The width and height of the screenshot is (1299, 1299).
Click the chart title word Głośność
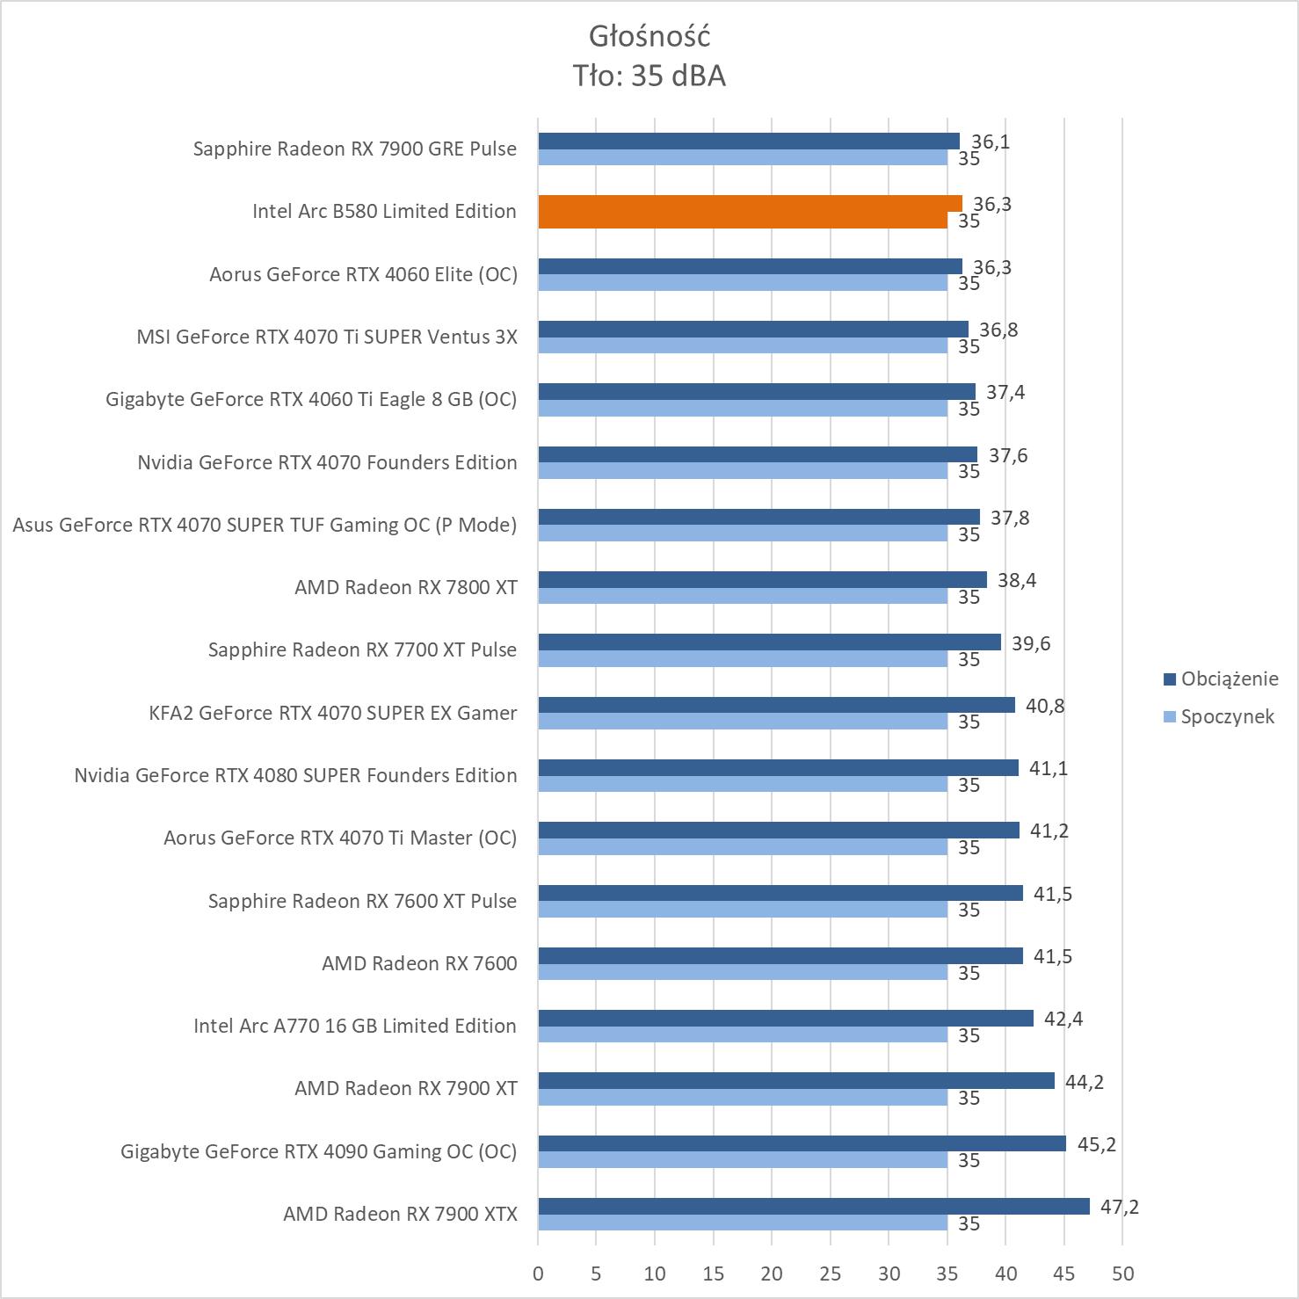[x=649, y=36]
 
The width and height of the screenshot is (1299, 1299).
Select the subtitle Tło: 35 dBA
[x=649, y=76]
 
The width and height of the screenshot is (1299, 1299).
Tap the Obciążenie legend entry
[x=1229, y=679]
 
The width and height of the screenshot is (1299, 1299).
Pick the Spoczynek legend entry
[x=1227, y=716]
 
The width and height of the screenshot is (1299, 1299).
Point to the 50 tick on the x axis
[x=1122, y=1274]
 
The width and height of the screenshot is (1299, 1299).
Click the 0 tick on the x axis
[x=538, y=1274]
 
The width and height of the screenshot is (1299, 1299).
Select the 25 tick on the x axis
[x=830, y=1274]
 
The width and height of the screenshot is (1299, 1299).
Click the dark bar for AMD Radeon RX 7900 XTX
[x=813, y=1206]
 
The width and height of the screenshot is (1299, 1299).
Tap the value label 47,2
[x=1119, y=1207]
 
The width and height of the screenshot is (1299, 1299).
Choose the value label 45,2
[x=1096, y=1144]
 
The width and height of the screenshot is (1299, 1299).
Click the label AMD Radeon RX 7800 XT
[x=406, y=587]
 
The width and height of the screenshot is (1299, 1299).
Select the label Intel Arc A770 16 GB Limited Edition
[x=355, y=1026]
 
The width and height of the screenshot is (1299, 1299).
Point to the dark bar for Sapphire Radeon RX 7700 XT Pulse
[x=769, y=642]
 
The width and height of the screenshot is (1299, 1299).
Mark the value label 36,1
[x=990, y=142]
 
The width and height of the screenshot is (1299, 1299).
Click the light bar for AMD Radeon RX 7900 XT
[x=743, y=1098]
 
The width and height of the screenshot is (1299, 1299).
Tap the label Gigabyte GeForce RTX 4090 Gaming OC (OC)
[x=318, y=1151]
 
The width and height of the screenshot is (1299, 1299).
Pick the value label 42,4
[x=1063, y=1019]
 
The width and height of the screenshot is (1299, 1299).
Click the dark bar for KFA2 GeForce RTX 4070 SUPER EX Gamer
[x=776, y=705]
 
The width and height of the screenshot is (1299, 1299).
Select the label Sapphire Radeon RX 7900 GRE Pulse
[x=355, y=149]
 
